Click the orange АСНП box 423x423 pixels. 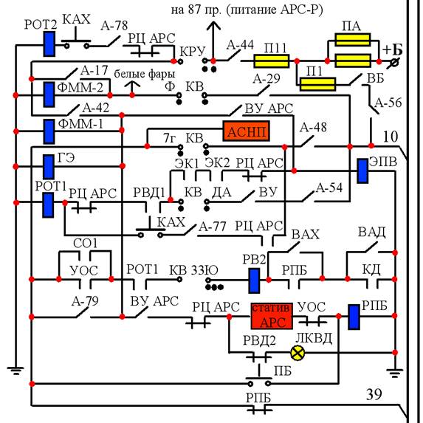(246, 131)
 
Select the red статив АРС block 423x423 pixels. (272, 316)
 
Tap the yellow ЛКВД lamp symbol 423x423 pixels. (298, 353)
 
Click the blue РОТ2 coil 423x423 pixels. (49, 44)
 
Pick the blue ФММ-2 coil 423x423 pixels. (49, 94)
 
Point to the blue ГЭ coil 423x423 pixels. (49, 167)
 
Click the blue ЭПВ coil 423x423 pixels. (362, 171)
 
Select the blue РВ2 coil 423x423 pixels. (254, 281)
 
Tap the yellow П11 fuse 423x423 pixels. (272, 61)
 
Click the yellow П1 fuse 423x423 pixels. (317, 84)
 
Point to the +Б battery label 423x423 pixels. (393, 50)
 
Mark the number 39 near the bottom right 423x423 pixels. (374, 394)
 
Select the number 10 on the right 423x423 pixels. (391, 137)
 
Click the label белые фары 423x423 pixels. (145, 74)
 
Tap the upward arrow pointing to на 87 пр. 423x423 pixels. (213, 41)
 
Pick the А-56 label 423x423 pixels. (388, 103)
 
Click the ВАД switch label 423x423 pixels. (372, 232)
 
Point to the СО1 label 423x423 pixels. (85, 244)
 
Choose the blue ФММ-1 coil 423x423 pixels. (49, 131)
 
